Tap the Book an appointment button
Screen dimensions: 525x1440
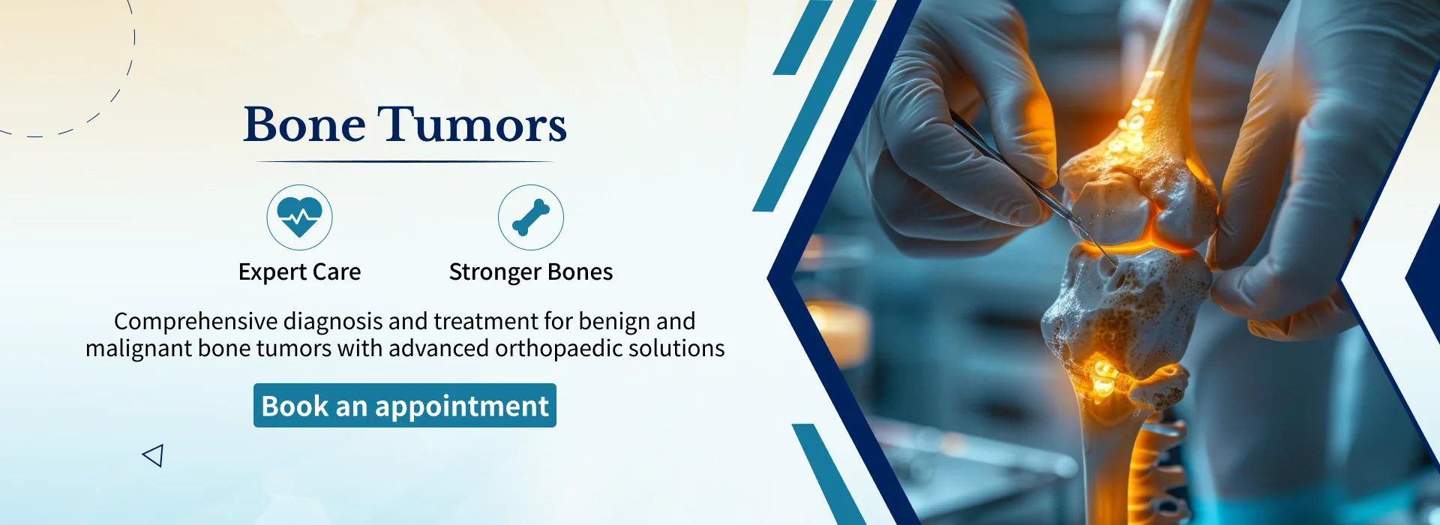point(405,406)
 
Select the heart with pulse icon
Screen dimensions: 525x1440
point(299,217)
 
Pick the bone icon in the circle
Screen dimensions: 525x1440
point(531,217)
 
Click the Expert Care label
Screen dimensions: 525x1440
point(299,271)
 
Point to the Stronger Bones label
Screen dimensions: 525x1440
point(531,271)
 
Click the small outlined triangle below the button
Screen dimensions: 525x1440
point(154,455)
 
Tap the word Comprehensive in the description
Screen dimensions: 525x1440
point(196,322)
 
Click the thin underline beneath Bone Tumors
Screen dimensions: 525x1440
point(405,162)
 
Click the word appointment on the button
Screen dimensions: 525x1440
point(461,406)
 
